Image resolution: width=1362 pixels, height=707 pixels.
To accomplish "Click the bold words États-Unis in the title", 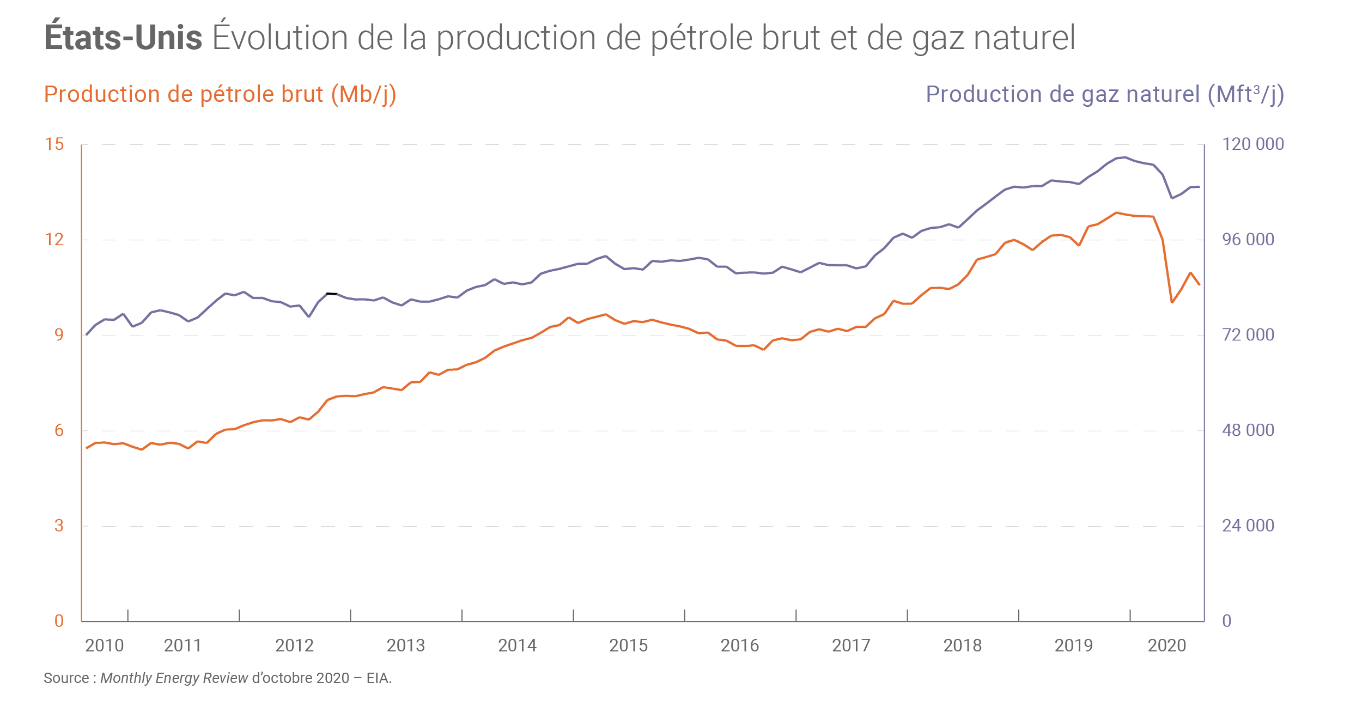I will (x=123, y=37).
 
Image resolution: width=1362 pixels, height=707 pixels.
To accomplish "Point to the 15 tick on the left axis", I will (x=54, y=144).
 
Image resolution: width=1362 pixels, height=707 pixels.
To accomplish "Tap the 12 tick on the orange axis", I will (x=54, y=240).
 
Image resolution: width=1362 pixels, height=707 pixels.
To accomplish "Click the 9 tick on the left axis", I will (x=59, y=335).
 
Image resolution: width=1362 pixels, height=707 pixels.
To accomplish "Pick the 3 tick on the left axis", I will (x=59, y=526).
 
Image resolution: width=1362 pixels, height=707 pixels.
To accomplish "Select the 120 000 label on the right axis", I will (x=1252, y=144).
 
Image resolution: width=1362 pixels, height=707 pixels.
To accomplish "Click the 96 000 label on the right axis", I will (x=1248, y=240).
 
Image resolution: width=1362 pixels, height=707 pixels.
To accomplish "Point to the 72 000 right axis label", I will (x=1248, y=335).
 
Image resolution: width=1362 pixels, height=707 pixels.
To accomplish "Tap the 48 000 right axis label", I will (x=1248, y=430).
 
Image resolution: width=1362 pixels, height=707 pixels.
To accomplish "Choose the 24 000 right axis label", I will (x=1248, y=526).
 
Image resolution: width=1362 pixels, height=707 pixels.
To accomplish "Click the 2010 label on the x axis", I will (x=105, y=645).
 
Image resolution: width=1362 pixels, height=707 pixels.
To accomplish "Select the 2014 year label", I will (x=517, y=645).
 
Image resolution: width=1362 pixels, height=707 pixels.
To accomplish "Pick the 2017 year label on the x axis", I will (x=851, y=645).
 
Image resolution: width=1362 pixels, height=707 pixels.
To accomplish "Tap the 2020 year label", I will (x=1166, y=645).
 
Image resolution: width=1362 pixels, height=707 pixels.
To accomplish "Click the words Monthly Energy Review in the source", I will (x=174, y=678).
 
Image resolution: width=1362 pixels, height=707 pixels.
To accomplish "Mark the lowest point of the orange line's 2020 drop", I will (x=1172, y=302).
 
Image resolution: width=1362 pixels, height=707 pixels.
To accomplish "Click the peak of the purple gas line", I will (x=1126, y=157).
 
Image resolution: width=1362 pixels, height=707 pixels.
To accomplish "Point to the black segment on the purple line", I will (x=331, y=294).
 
